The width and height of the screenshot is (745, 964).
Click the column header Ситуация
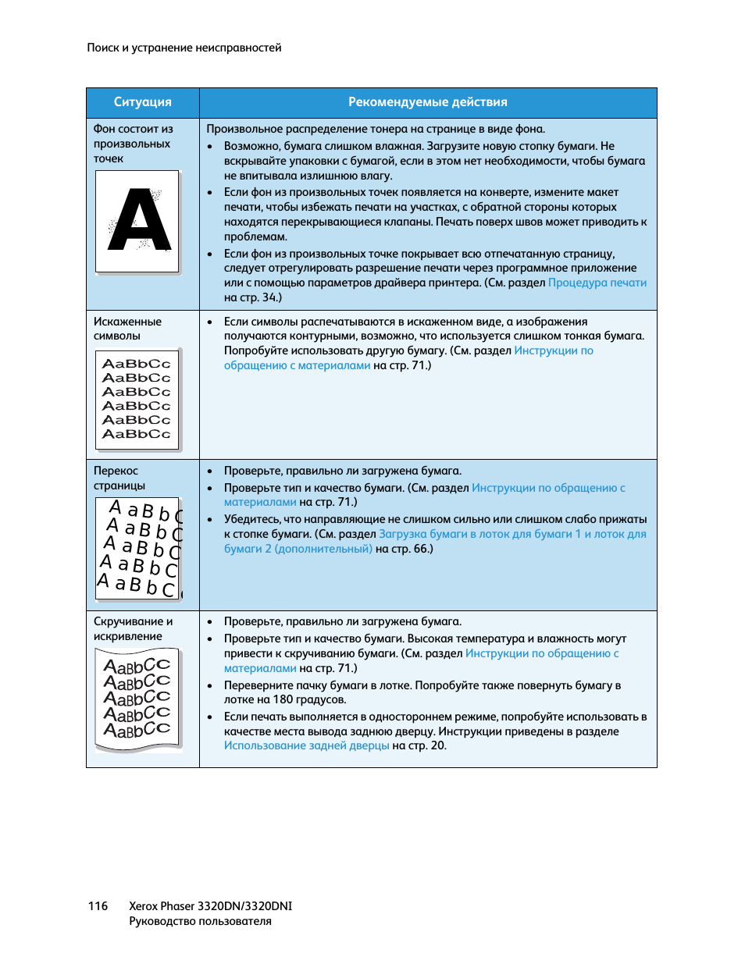(142, 102)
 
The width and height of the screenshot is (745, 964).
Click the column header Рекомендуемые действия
(427, 102)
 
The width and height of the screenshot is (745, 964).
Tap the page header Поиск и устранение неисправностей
(184, 48)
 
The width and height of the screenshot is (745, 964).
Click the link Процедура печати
(597, 283)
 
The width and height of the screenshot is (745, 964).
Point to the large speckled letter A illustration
(138, 221)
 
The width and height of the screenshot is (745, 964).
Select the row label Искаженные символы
(127, 329)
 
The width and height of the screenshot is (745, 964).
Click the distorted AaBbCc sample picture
(137, 399)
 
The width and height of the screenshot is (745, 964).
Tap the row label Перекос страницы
(119, 478)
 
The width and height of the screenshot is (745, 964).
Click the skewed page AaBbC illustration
(138, 549)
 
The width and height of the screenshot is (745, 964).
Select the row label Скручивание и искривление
(133, 628)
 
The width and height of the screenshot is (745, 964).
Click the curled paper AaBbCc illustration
(138, 699)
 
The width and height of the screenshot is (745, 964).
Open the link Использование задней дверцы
(306, 745)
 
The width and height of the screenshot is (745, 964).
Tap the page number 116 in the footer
(98, 906)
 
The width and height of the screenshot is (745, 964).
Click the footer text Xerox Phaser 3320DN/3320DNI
(210, 906)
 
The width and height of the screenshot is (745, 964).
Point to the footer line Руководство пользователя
(200, 921)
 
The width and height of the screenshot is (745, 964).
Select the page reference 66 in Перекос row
(421, 549)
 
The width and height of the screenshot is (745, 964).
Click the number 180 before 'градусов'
(283, 699)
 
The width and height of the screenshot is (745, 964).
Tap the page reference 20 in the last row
(437, 745)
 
